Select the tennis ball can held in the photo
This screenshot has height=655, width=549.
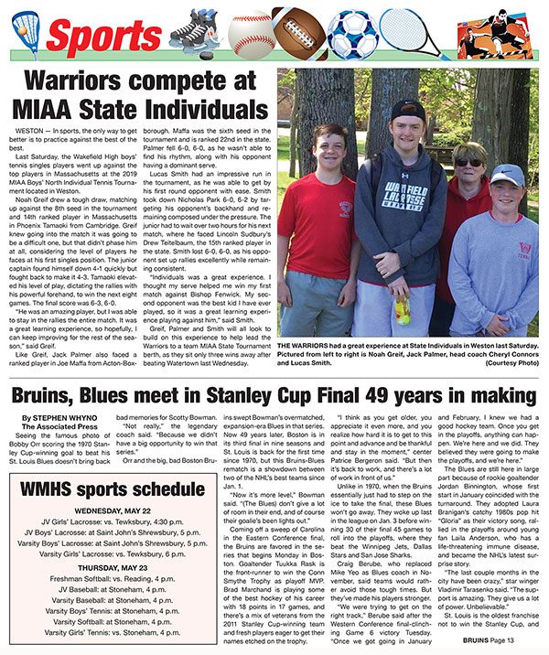403,310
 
